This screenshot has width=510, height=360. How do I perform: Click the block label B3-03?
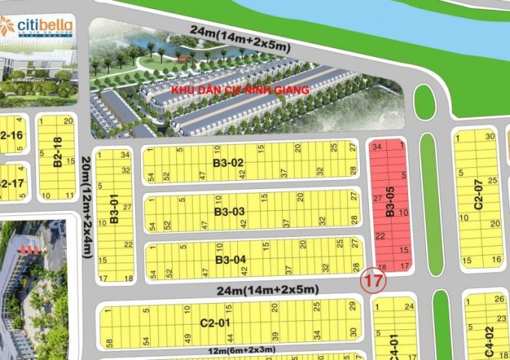point(229,211)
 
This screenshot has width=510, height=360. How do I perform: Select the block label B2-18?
point(57,155)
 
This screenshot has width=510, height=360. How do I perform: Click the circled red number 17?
point(372,283)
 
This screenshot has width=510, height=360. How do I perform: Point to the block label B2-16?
point(12,136)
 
